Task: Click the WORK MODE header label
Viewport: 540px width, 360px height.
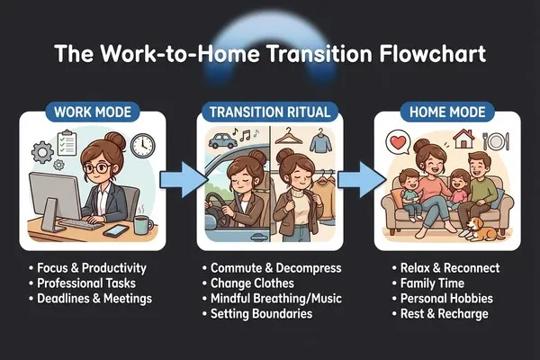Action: point(93,112)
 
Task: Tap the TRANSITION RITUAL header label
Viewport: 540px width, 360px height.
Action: point(270,112)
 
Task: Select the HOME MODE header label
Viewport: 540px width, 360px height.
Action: point(447,112)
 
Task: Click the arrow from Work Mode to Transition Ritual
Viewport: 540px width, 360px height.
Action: point(184,179)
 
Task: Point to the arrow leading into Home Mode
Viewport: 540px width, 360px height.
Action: point(361,179)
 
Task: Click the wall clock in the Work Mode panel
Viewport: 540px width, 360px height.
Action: point(142,146)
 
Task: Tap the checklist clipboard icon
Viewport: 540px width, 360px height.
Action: point(67,142)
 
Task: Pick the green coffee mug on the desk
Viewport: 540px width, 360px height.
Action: point(143,225)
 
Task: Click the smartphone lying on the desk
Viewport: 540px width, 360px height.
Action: point(116,230)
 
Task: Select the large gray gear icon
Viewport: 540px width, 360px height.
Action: point(42,152)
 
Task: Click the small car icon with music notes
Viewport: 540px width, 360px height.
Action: point(222,140)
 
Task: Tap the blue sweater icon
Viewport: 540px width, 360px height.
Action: point(320,142)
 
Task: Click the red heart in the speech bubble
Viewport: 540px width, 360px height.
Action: point(398,142)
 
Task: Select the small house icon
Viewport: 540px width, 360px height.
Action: point(463,139)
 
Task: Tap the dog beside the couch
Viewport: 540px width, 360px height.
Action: point(481,229)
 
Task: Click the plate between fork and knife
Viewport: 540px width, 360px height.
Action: point(496,141)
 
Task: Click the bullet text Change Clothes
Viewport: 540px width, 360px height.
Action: point(252,283)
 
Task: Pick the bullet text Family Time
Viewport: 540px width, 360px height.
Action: point(432,283)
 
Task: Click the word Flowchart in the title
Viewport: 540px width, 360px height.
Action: point(433,53)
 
